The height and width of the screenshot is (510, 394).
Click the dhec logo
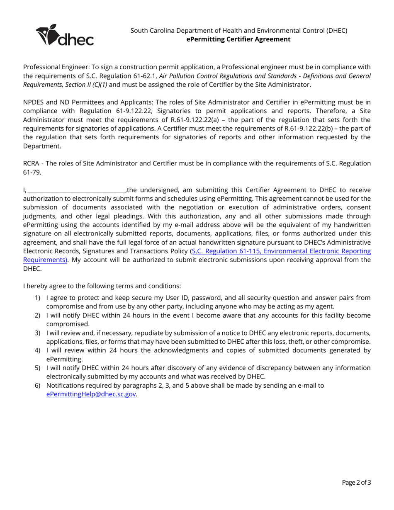[x=65, y=35]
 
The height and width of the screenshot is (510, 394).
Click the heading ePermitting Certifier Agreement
[x=238, y=39]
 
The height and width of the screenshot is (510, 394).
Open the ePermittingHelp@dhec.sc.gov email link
[x=91, y=394]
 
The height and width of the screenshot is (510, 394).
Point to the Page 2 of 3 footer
[x=356, y=482]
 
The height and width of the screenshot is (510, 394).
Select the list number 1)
[x=37, y=298]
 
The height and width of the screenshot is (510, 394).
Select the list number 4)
[x=37, y=350]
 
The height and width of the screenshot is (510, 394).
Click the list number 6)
[x=37, y=386]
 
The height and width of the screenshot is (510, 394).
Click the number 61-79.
[x=32, y=172]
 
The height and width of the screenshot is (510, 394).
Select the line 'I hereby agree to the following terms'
[x=102, y=286]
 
